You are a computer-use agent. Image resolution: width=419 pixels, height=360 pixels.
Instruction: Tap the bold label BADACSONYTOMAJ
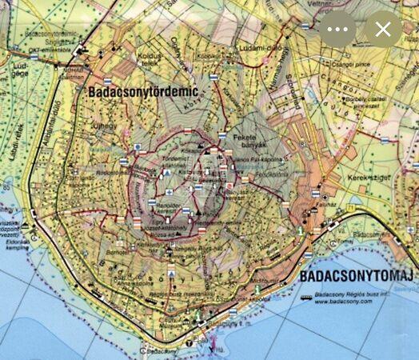coord(357,278)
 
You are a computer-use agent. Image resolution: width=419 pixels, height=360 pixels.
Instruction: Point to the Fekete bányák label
coord(247,142)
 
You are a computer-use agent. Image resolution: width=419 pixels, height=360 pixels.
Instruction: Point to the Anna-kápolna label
coord(133,283)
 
